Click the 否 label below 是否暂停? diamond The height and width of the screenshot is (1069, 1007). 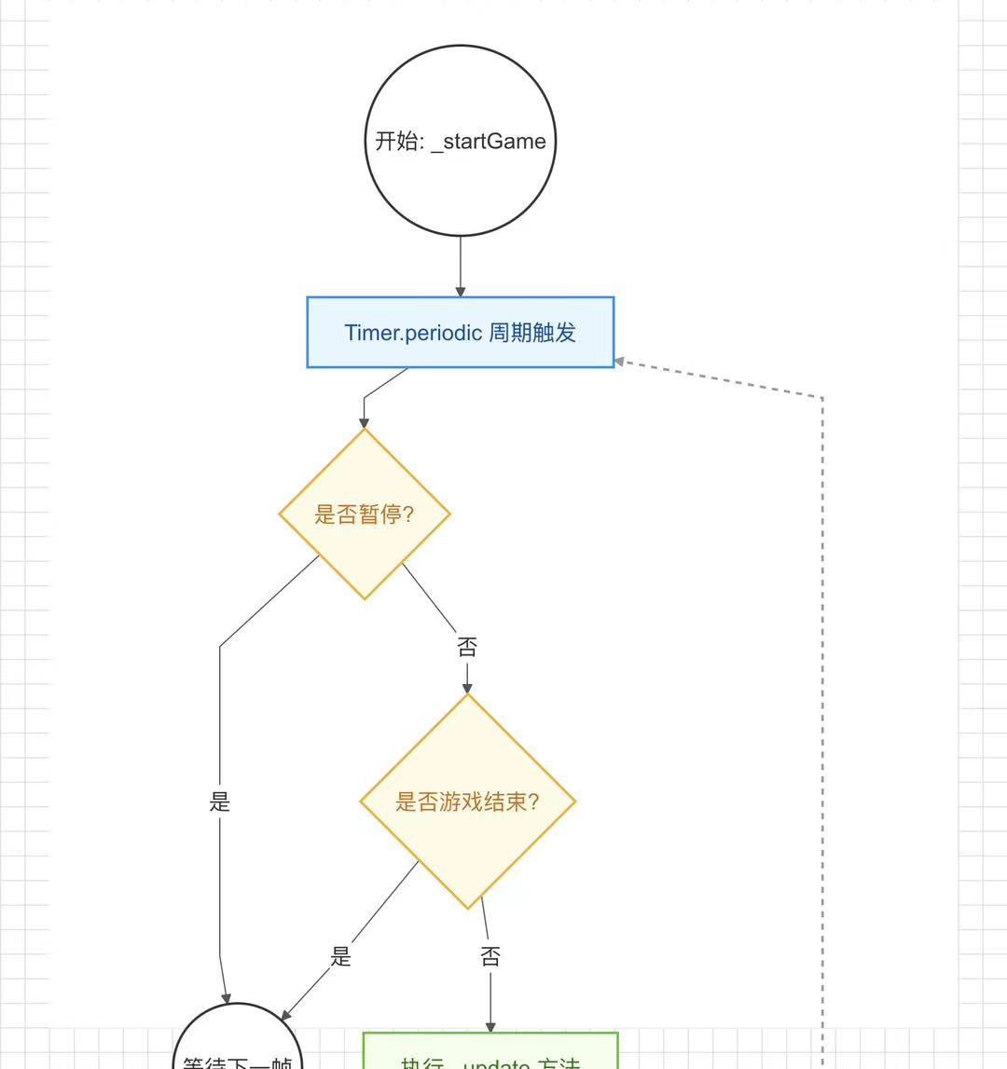pos(467,647)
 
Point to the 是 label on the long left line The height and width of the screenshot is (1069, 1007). pos(220,802)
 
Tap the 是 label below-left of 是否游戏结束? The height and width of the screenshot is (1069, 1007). pos(341,956)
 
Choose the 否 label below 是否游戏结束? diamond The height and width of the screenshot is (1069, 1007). pos(490,956)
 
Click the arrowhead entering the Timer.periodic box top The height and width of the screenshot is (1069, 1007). pos(460,292)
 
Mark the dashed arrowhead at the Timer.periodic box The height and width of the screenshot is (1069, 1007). pos(620,362)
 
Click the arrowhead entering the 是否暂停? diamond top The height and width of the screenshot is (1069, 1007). pos(365,423)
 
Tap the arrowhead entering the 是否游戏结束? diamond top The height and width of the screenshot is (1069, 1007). pos(467,688)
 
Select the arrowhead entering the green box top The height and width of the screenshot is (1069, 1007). pos(490,1027)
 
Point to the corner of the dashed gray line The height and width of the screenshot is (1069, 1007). pos(821,398)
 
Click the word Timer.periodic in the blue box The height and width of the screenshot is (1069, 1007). pos(413,333)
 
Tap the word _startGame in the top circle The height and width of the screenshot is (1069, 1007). pos(489,142)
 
